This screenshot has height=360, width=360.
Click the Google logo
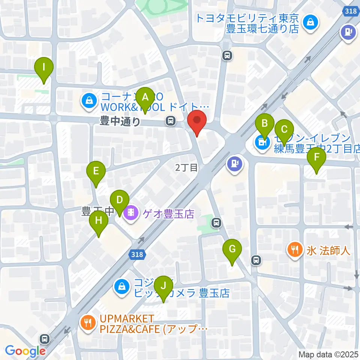pyautogui.click(x=25, y=351)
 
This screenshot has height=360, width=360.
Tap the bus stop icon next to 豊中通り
pyautogui.click(x=171, y=121)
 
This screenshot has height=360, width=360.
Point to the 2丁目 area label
pyautogui.click(x=186, y=167)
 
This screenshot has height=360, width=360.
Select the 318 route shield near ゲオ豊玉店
pyautogui.click(x=137, y=255)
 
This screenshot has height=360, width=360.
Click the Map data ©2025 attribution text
pyautogui.click(x=328, y=354)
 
